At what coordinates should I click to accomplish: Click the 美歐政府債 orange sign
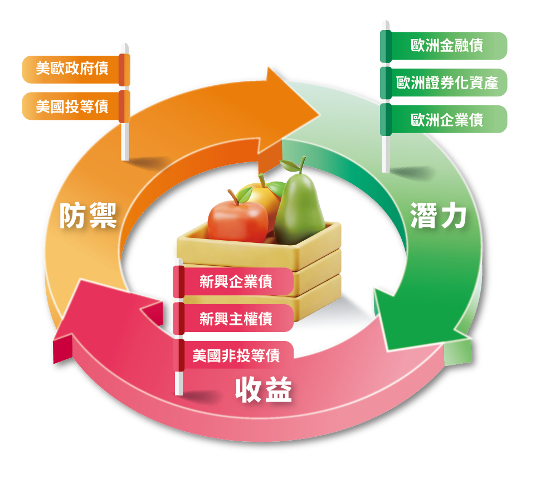[x=72, y=69]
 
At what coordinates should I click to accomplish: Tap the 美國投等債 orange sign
[x=72, y=106]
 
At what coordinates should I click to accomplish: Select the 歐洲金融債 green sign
[x=446, y=46]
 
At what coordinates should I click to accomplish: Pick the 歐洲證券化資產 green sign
[x=446, y=83]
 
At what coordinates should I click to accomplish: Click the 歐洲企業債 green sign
[x=446, y=119]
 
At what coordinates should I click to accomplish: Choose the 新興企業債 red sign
[x=236, y=281]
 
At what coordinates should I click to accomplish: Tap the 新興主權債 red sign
[x=236, y=318]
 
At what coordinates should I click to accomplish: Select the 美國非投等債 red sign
[x=236, y=355]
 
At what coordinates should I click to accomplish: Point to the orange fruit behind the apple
[x=259, y=192]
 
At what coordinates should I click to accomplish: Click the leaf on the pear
[x=288, y=166]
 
